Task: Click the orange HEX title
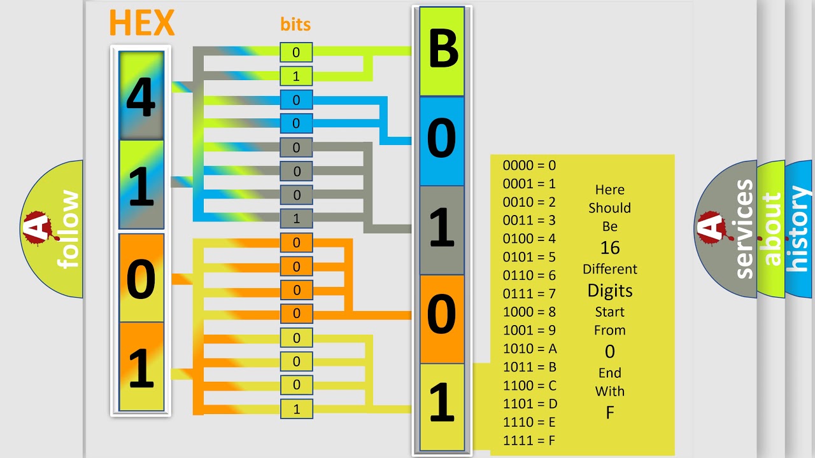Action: (141, 23)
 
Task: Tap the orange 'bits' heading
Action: (295, 25)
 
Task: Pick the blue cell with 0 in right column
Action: (442, 140)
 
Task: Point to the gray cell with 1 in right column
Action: (442, 229)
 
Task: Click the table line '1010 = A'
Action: (530, 349)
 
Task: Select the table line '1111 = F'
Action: (530, 440)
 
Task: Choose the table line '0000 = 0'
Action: (529, 165)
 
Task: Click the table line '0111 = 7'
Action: (529, 294)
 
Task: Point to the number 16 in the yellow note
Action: (609, 247)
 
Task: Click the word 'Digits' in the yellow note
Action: (609, 291)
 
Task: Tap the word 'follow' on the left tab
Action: (68, 229)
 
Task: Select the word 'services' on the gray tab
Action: (744, 229)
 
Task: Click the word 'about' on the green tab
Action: (771, 229)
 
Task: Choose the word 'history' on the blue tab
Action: (798, 229)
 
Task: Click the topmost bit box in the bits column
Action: (296, 52)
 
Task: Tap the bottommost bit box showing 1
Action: (296, 409)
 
